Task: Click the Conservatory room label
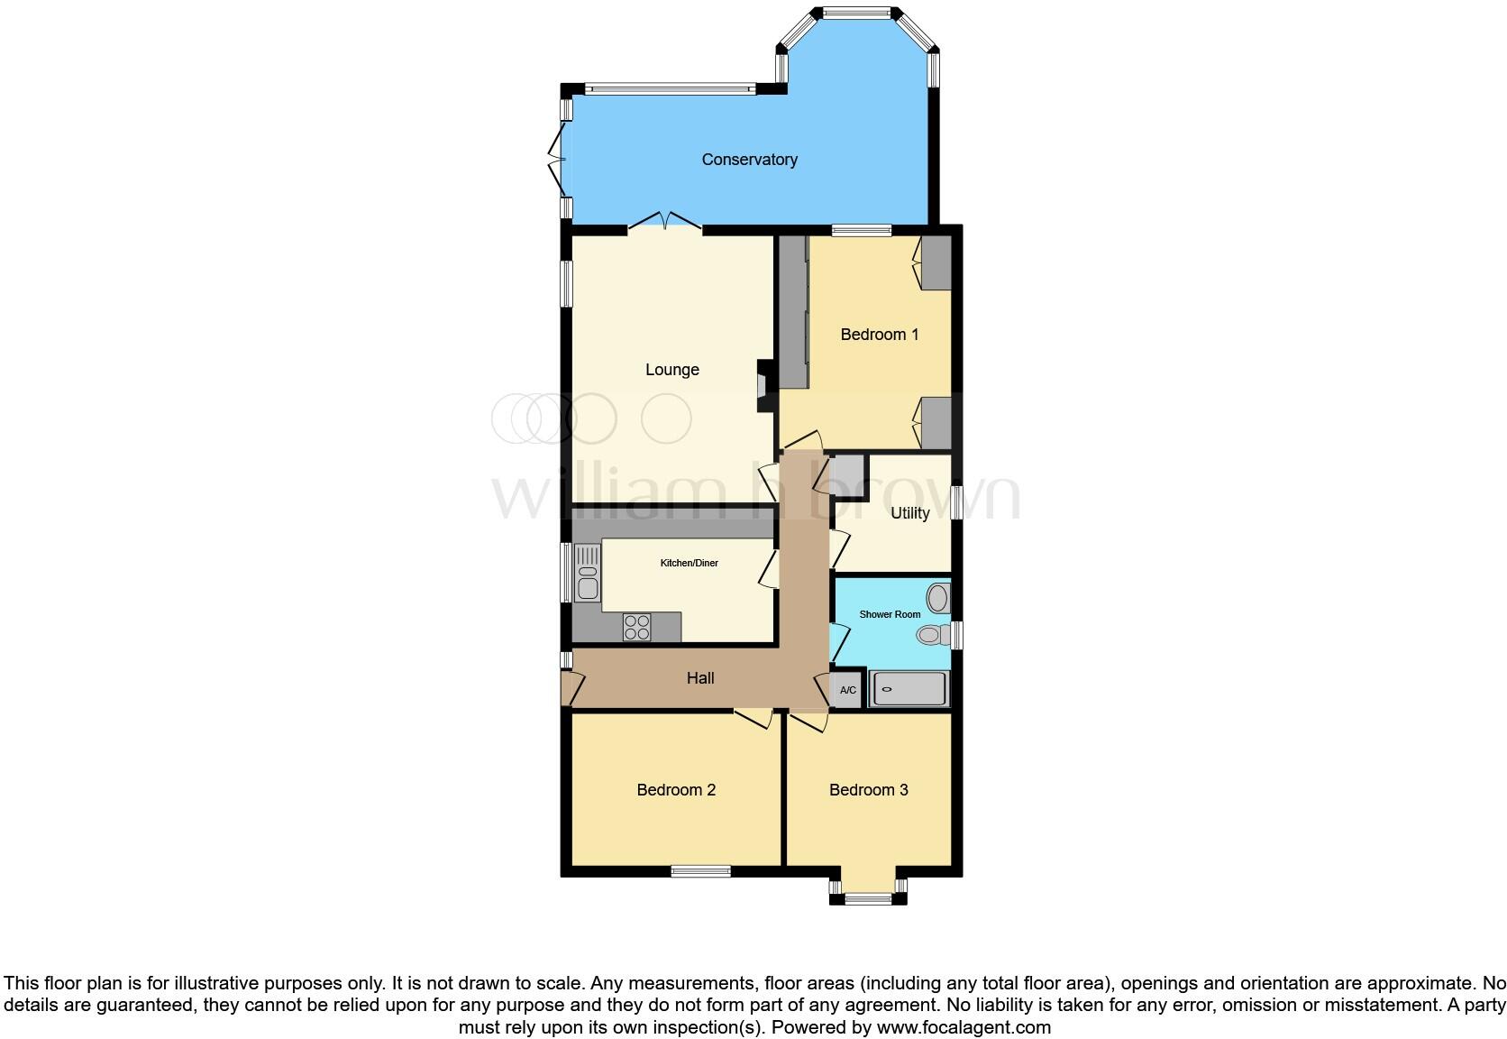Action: (x=749, y=160)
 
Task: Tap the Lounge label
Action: (x=671, y=370)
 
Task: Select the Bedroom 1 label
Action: (x=879, y=335)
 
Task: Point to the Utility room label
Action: (x=909, y=513)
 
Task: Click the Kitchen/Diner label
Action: (x=689, y=564)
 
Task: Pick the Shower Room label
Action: (x=890, y=615)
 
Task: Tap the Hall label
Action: (x=700, y=678)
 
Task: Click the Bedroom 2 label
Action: (x=676, y=790)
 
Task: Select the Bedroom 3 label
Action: (x=868, y=790)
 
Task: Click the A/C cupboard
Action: (x=847, y=691)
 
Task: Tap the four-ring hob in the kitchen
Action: (x=637, y=627)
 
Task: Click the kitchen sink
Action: (x=588, y=581)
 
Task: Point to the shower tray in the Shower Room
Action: (x=909, y=690)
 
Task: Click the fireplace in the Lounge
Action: (x=765, y=386)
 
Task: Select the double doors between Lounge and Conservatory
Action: (x=664, y=223)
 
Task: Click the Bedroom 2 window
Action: (x=700, y=871)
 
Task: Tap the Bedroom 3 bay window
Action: (x=868, y=897)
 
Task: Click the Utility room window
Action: (x=956, y=501)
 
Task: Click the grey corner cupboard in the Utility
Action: (x=846, y=474)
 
